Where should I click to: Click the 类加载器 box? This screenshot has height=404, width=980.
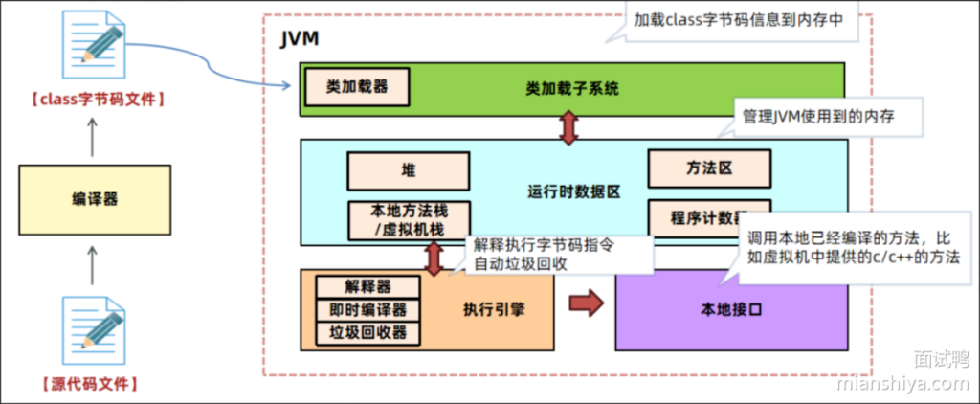[x=357, y=86]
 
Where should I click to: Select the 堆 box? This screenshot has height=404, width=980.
[x=408, y=170]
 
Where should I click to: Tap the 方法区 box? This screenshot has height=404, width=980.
[x=709, y=168]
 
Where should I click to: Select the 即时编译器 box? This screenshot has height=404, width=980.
[x=368, y=310]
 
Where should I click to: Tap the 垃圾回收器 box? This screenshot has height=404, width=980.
[x=368, y=332]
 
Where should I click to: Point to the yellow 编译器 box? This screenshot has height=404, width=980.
[x=94, y=200]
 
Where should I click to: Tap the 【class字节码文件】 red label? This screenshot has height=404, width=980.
[x=94, y=99]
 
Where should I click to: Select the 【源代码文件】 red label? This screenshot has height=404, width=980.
[x=94, y=384]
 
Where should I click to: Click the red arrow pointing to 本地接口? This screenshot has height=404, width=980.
[x=586, y=304]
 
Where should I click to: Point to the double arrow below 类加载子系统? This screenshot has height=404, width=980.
[x=570, y=127]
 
